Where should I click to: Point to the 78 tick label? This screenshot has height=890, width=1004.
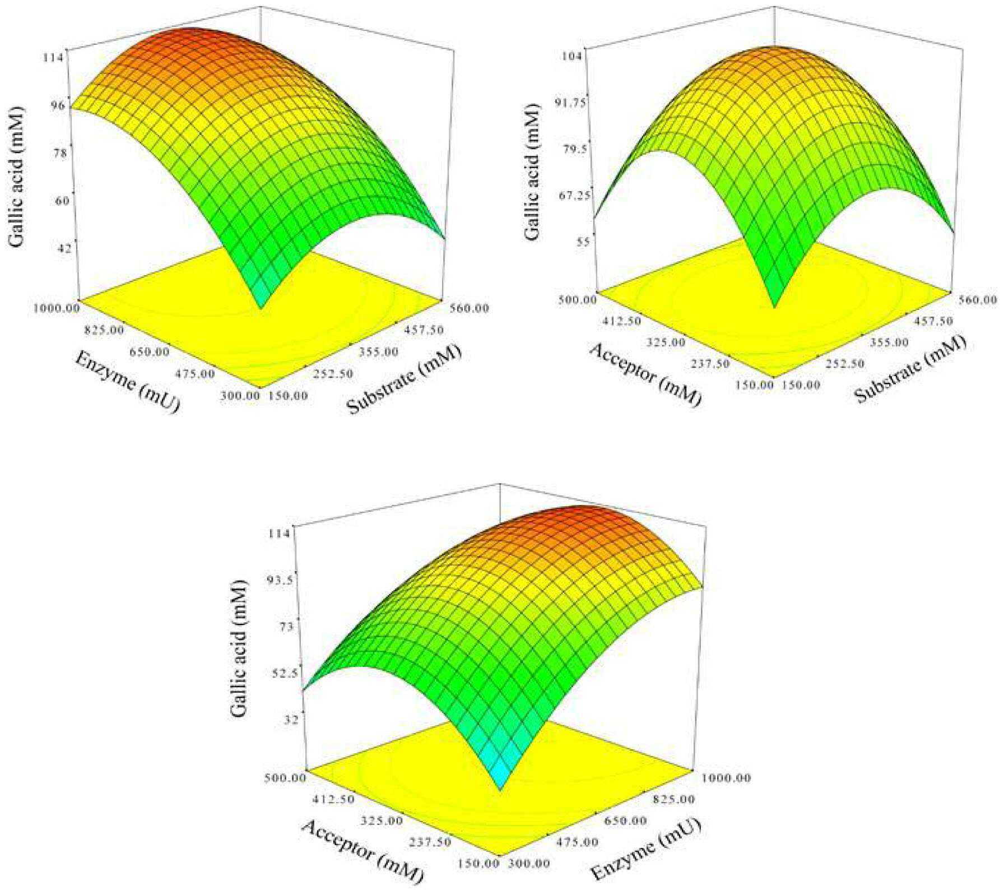click(x=60, y=152)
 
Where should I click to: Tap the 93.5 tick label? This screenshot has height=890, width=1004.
click(x=280, y=580)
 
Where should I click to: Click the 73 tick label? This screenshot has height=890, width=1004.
click(x=286, y=627)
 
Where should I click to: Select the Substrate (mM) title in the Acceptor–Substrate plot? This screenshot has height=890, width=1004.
click(x=910, y=369)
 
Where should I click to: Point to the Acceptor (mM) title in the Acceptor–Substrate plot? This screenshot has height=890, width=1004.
click(x=645, y=374)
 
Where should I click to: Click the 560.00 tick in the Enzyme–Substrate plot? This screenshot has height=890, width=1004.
click(x=470, y=308)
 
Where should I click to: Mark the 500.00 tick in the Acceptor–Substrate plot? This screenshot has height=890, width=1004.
click(x=577, y=299)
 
